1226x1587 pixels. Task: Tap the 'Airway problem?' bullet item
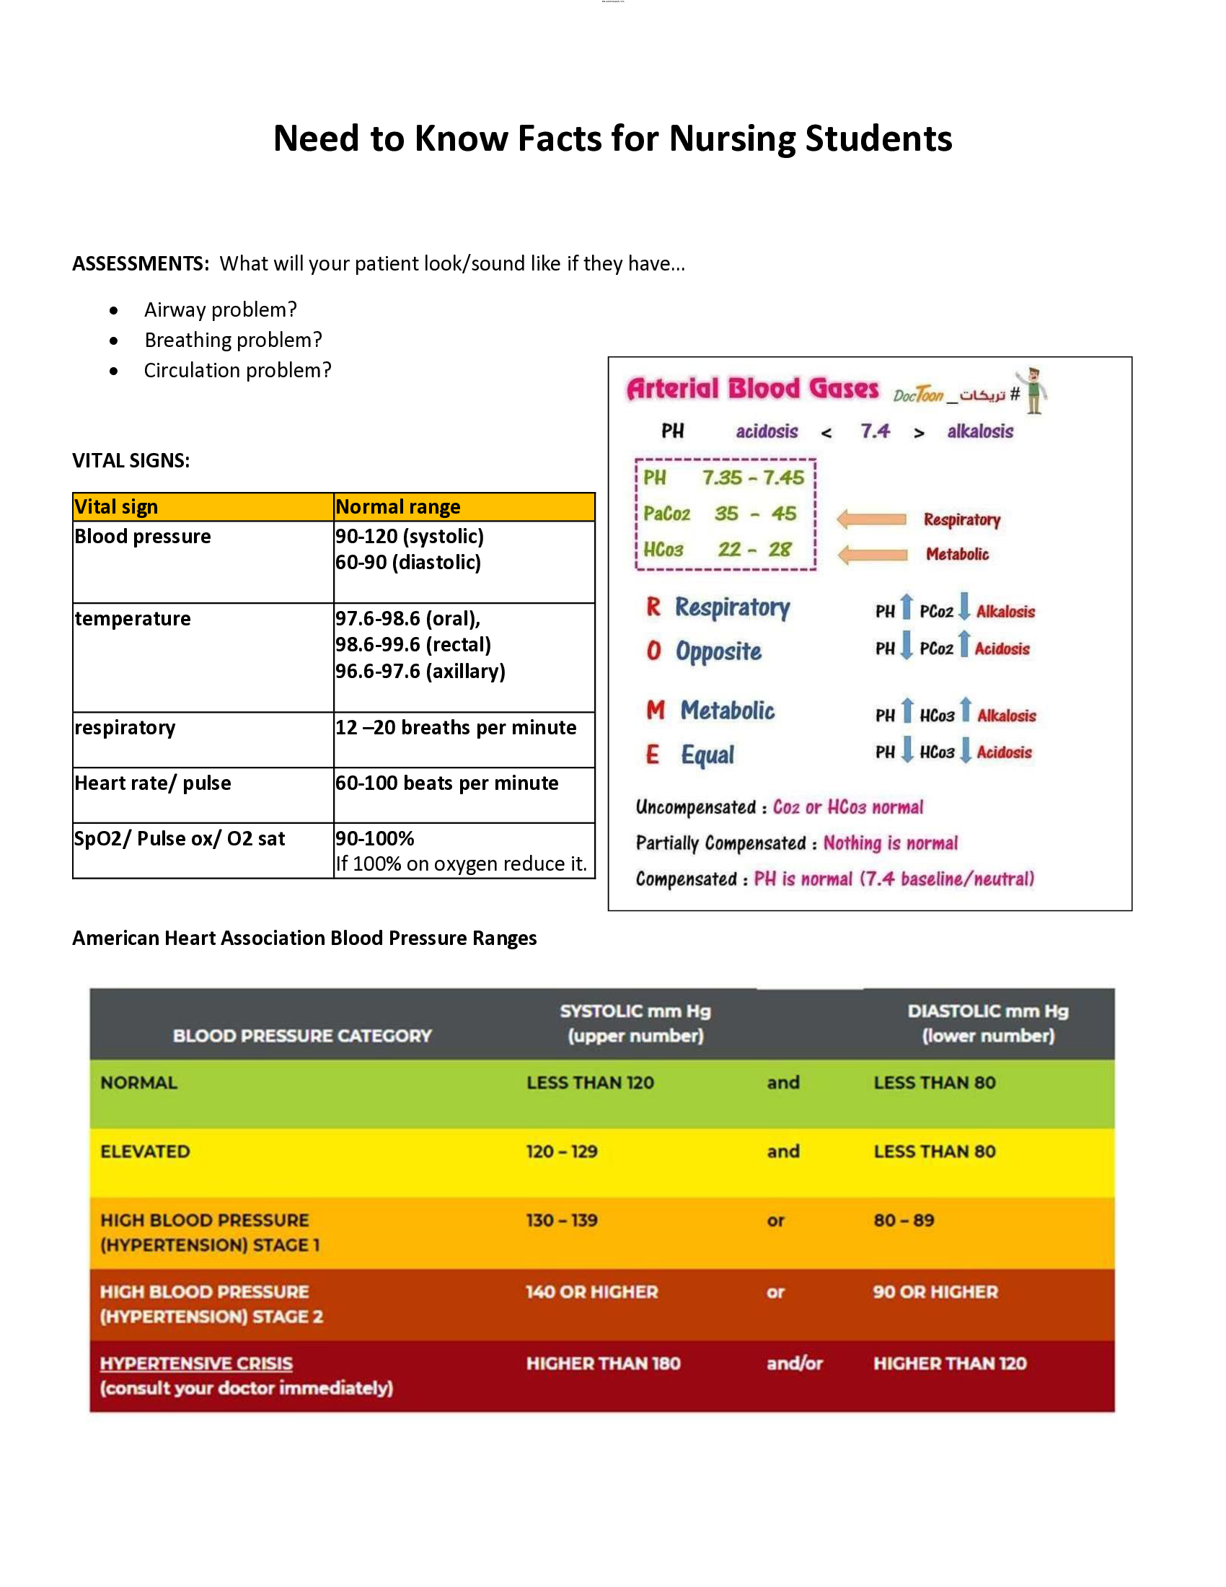pos(220,309)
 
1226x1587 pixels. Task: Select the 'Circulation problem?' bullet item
pos(237,371)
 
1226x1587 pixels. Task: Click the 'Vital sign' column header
pos(116,506)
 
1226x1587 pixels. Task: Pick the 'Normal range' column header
pos(398,506)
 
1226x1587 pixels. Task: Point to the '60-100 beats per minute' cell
pos(446,783)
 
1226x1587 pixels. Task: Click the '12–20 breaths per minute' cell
pos(455,727)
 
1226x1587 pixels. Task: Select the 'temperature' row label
pos(133,618)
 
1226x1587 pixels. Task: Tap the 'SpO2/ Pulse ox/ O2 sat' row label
pos(180,838)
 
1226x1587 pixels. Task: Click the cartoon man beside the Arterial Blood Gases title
pos(1033,390)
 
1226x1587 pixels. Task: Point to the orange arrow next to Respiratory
pos(872,519)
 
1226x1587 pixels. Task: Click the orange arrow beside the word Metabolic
pos(873,555)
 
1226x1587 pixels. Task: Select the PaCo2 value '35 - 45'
pos(755,514)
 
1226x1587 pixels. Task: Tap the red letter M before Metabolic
pos(655,710)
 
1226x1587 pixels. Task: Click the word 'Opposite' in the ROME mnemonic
pos(718,651)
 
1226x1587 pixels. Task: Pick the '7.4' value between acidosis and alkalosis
pos(875,431)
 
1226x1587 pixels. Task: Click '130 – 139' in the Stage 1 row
pos(561,1220)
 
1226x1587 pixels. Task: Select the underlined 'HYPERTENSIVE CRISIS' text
pos(196,1363)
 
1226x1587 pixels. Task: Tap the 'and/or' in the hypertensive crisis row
pos(794,1363)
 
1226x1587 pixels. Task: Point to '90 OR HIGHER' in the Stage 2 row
pos(935,1292)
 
